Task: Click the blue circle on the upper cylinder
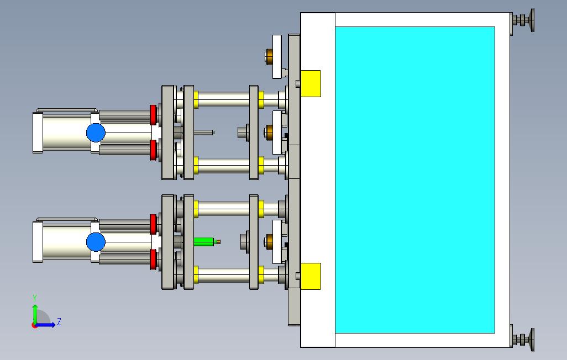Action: coord(96,133)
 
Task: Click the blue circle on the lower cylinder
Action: coord(96,242)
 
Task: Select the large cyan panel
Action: coord(415,179)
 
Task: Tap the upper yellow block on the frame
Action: coord(311,83)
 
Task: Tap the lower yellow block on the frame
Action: coord(311,276)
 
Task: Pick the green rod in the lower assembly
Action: coord(203,242)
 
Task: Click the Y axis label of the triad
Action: coord(35,298)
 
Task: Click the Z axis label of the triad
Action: coord(59,321)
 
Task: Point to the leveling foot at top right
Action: coord(523,20)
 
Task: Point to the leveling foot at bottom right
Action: coord(523,340)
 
